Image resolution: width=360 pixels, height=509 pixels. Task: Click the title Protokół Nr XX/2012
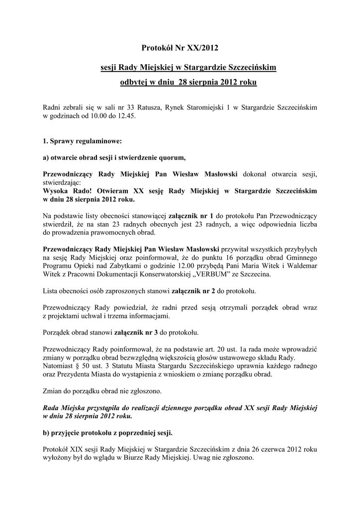180,48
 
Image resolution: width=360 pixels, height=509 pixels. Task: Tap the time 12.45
126,115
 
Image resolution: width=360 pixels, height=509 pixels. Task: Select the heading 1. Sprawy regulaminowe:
79,141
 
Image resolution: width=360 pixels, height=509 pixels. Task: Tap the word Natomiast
60,366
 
